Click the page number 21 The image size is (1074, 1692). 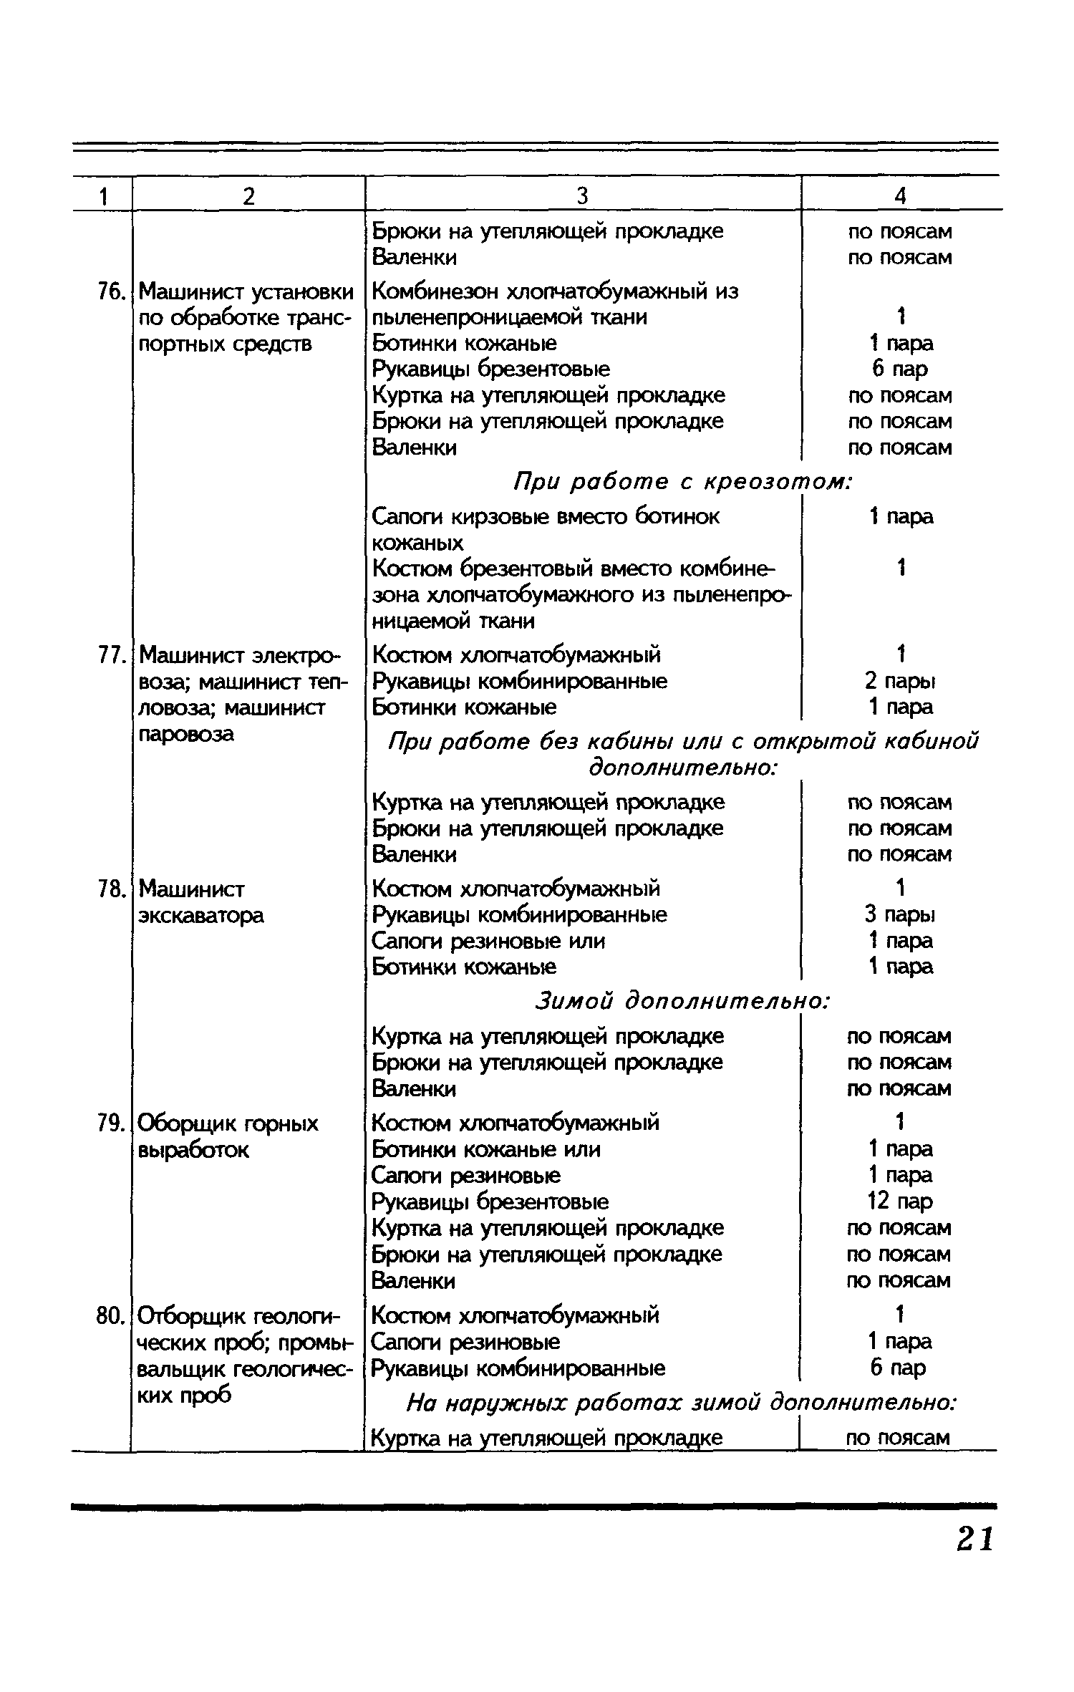[x=975, y=1538]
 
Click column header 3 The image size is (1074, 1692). [x=582, y=196]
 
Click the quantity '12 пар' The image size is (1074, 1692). [x=900, y=1202]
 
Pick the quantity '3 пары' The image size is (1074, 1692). [x=900, y=915]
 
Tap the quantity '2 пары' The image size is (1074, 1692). [x=900, y=681]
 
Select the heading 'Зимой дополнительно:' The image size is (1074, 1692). [x=682, y=1002]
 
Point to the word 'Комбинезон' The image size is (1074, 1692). [x=436, y=292]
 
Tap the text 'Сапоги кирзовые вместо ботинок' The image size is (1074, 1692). [x=546, y=517]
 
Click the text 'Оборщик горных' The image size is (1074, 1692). [x=228, y=1123]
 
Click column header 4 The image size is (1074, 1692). [x=900, y=196]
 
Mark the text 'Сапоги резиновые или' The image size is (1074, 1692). [x=489, y=941]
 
